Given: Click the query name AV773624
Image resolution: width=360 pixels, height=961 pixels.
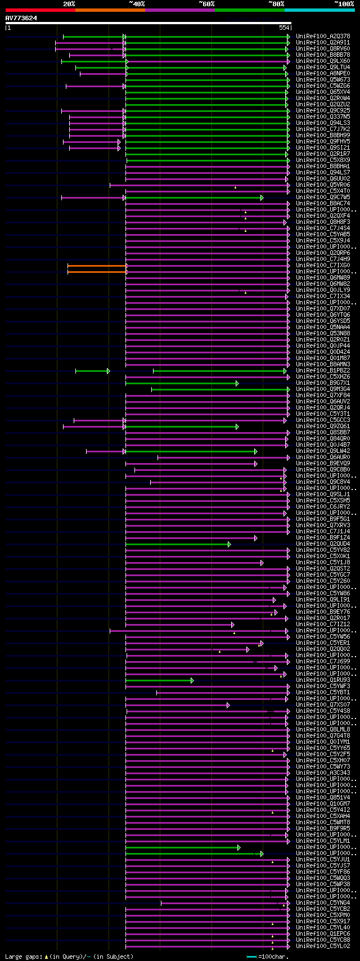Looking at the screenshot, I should click(21, 18).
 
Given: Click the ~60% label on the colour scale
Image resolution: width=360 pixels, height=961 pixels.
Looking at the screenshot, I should click(206, 4).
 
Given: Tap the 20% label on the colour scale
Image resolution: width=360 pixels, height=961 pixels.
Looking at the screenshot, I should click(69, 4).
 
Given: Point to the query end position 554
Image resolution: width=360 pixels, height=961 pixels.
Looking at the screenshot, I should click(283, 28).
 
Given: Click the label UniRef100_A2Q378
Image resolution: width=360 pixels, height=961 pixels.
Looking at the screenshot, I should click(323, 37).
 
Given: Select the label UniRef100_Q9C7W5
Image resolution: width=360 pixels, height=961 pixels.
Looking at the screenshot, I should click(323, 197).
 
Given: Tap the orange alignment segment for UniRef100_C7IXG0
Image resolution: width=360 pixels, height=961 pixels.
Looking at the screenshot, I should click(97, 266).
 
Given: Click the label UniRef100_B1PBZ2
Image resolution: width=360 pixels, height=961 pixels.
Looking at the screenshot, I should click(323, 371).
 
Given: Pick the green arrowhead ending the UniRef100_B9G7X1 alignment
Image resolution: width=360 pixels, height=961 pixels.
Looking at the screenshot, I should click(237, 383).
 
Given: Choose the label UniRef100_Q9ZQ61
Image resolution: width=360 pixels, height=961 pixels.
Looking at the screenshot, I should click(323, 426).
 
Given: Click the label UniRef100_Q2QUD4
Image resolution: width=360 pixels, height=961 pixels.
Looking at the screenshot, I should click(323, 544).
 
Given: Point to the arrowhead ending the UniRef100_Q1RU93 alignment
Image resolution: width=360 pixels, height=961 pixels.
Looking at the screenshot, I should click(192, 680).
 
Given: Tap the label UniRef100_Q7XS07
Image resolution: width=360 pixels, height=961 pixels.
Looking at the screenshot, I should click(323, 705).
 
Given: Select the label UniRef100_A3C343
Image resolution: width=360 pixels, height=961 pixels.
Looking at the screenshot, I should click(323, 773).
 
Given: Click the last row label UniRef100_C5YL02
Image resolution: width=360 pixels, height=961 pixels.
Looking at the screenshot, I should click(323, 946).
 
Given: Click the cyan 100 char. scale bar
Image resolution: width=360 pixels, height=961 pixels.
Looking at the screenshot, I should click(251, 956).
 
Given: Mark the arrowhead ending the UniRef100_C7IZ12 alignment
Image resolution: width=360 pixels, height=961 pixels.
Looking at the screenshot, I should click(232, 625).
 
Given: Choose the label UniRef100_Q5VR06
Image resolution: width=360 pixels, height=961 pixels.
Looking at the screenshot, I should click(323, 185).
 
